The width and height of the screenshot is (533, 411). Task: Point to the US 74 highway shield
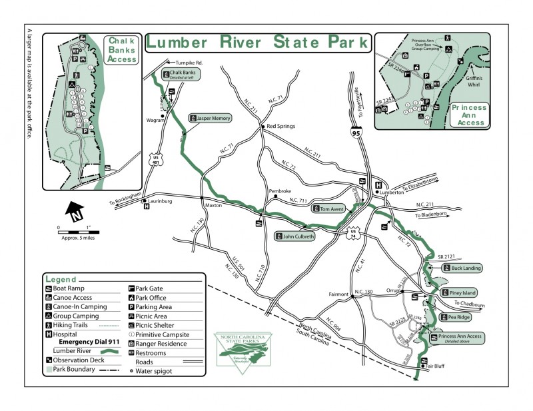pos(352,234)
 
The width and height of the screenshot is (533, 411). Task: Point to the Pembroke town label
pos(280,192)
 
